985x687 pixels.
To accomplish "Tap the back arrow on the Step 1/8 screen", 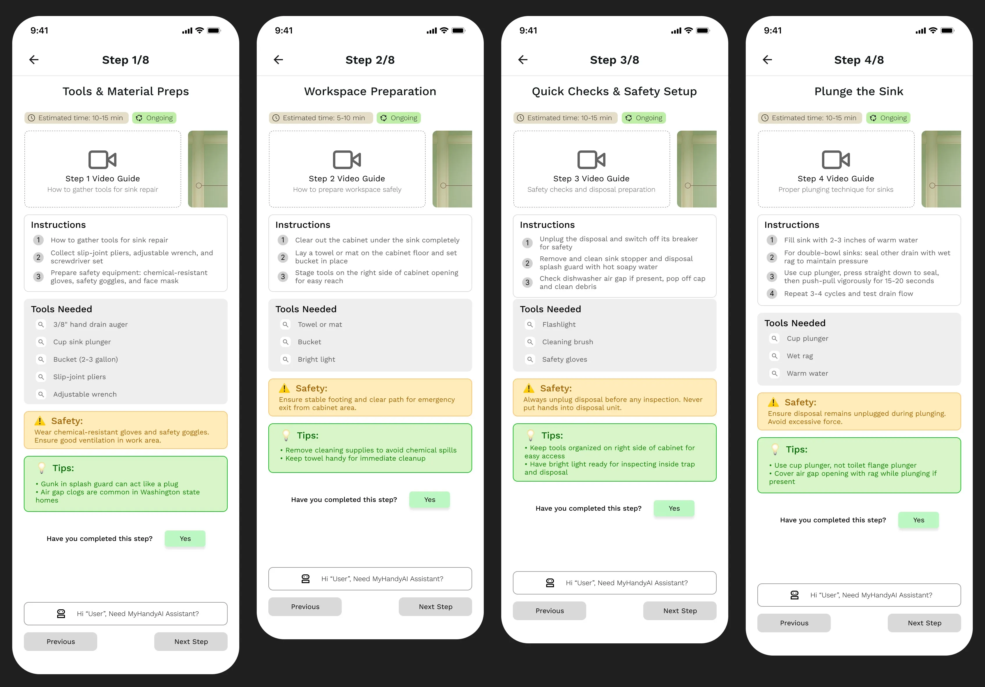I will [x=34, y=60].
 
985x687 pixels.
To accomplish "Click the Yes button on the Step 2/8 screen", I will [x=429, y=500].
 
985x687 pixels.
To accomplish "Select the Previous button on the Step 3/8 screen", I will [x=549, y=611].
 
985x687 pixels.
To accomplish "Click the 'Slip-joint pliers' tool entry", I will [x=79, y=377].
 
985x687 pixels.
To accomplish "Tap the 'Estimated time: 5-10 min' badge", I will [x=320, y=118].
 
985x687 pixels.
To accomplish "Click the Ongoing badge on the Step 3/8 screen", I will [x=644, y=118].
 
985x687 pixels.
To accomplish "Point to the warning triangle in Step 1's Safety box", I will [x=40, y=421].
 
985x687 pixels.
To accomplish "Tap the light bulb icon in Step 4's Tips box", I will [x=775, y=450].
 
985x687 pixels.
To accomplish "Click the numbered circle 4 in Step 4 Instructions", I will [x=772, y=294].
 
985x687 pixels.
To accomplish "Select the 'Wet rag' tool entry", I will [x=799, y=356].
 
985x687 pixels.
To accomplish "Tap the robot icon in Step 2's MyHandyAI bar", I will [x=305, y=579].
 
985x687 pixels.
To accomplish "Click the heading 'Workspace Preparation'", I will [x=370, y=91].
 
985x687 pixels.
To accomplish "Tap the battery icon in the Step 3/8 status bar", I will [x=703, y=31].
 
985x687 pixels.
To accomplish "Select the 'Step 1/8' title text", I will [x=125, y=60].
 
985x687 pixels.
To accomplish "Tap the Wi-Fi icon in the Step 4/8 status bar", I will [x=933, y=31].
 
